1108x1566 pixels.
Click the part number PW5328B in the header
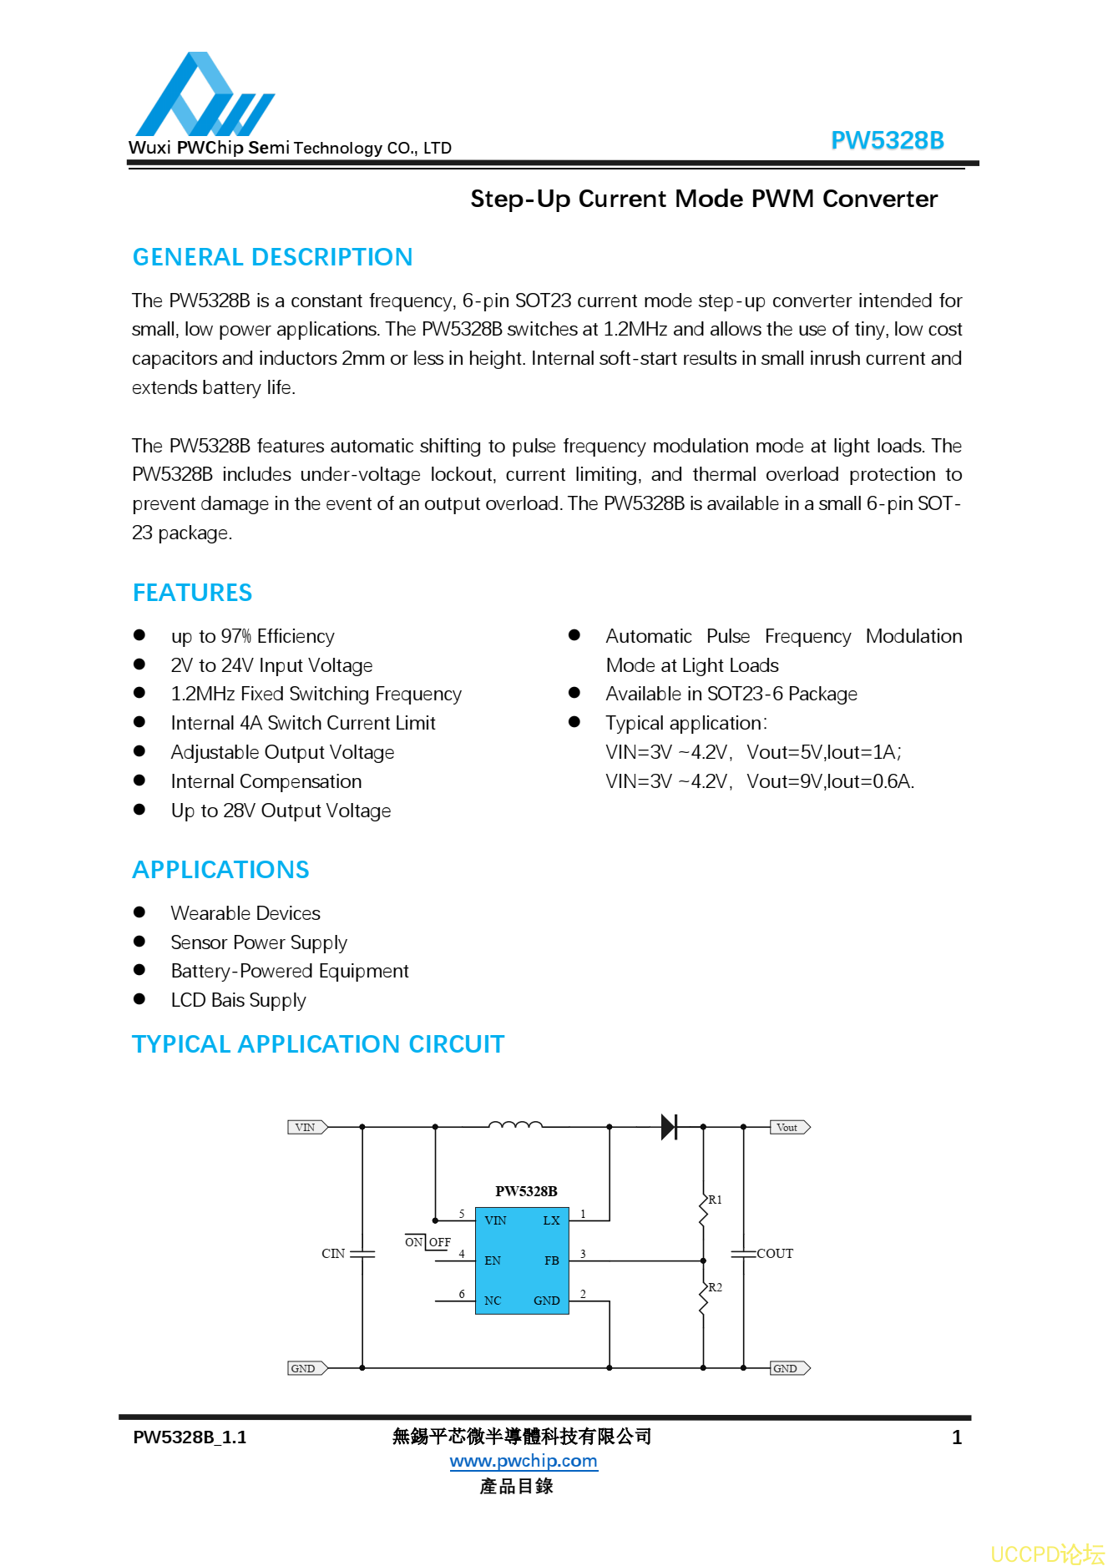[887, 140]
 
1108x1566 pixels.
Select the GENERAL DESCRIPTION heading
[272, 257]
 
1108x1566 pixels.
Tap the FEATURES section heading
[192, 593]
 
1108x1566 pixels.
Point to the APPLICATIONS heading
[220, 870]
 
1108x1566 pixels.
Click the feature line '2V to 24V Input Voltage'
[271, 665]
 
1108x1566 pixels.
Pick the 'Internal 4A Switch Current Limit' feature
[302, 723]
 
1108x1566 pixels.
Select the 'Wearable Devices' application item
[245, 913]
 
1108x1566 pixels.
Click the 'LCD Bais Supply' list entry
[238, 1000]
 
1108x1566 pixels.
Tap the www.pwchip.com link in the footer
[524, 1461]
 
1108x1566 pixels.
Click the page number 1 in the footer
[957, 1437]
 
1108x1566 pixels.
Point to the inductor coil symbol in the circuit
[515, 1124]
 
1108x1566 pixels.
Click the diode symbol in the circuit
[669, 1127]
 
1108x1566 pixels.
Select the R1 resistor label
[716, 1200]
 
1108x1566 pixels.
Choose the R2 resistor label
[716, 1287]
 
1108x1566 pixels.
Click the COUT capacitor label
[775, 1254]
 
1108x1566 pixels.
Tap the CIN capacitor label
[333, 1254]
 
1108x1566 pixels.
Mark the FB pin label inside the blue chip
[551, 1260]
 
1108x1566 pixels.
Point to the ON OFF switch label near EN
[428, 1242]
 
